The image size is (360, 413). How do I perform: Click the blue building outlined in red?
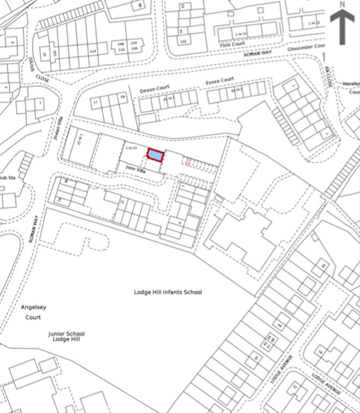(155, 155)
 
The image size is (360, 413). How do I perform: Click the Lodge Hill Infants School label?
(168, 292)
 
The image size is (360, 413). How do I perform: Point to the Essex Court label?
(220, 81)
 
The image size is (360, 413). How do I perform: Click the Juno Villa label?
(136, 169)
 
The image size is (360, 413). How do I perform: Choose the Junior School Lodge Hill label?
(66, 337)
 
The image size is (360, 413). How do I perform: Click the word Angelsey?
(34, 307)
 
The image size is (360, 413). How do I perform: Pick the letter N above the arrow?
(342, 5)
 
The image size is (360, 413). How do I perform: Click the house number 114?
(93, 51)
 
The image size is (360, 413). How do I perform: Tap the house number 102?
(183, 41)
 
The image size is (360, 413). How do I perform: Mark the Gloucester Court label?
(307, 47)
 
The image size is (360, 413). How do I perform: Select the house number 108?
(121, 43)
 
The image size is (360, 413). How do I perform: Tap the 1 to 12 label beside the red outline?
(132, 147)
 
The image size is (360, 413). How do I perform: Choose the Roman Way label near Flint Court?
(258, 54)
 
